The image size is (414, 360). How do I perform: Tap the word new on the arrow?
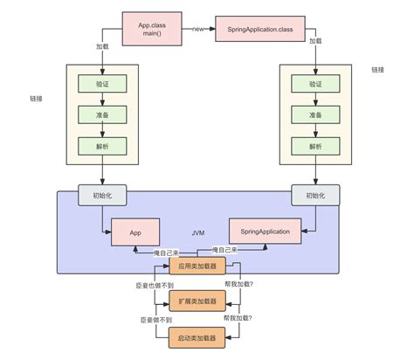tap(197, 28)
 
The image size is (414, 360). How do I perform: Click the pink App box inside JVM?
tap(135, 233)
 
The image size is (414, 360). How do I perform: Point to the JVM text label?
tap(199, 233)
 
